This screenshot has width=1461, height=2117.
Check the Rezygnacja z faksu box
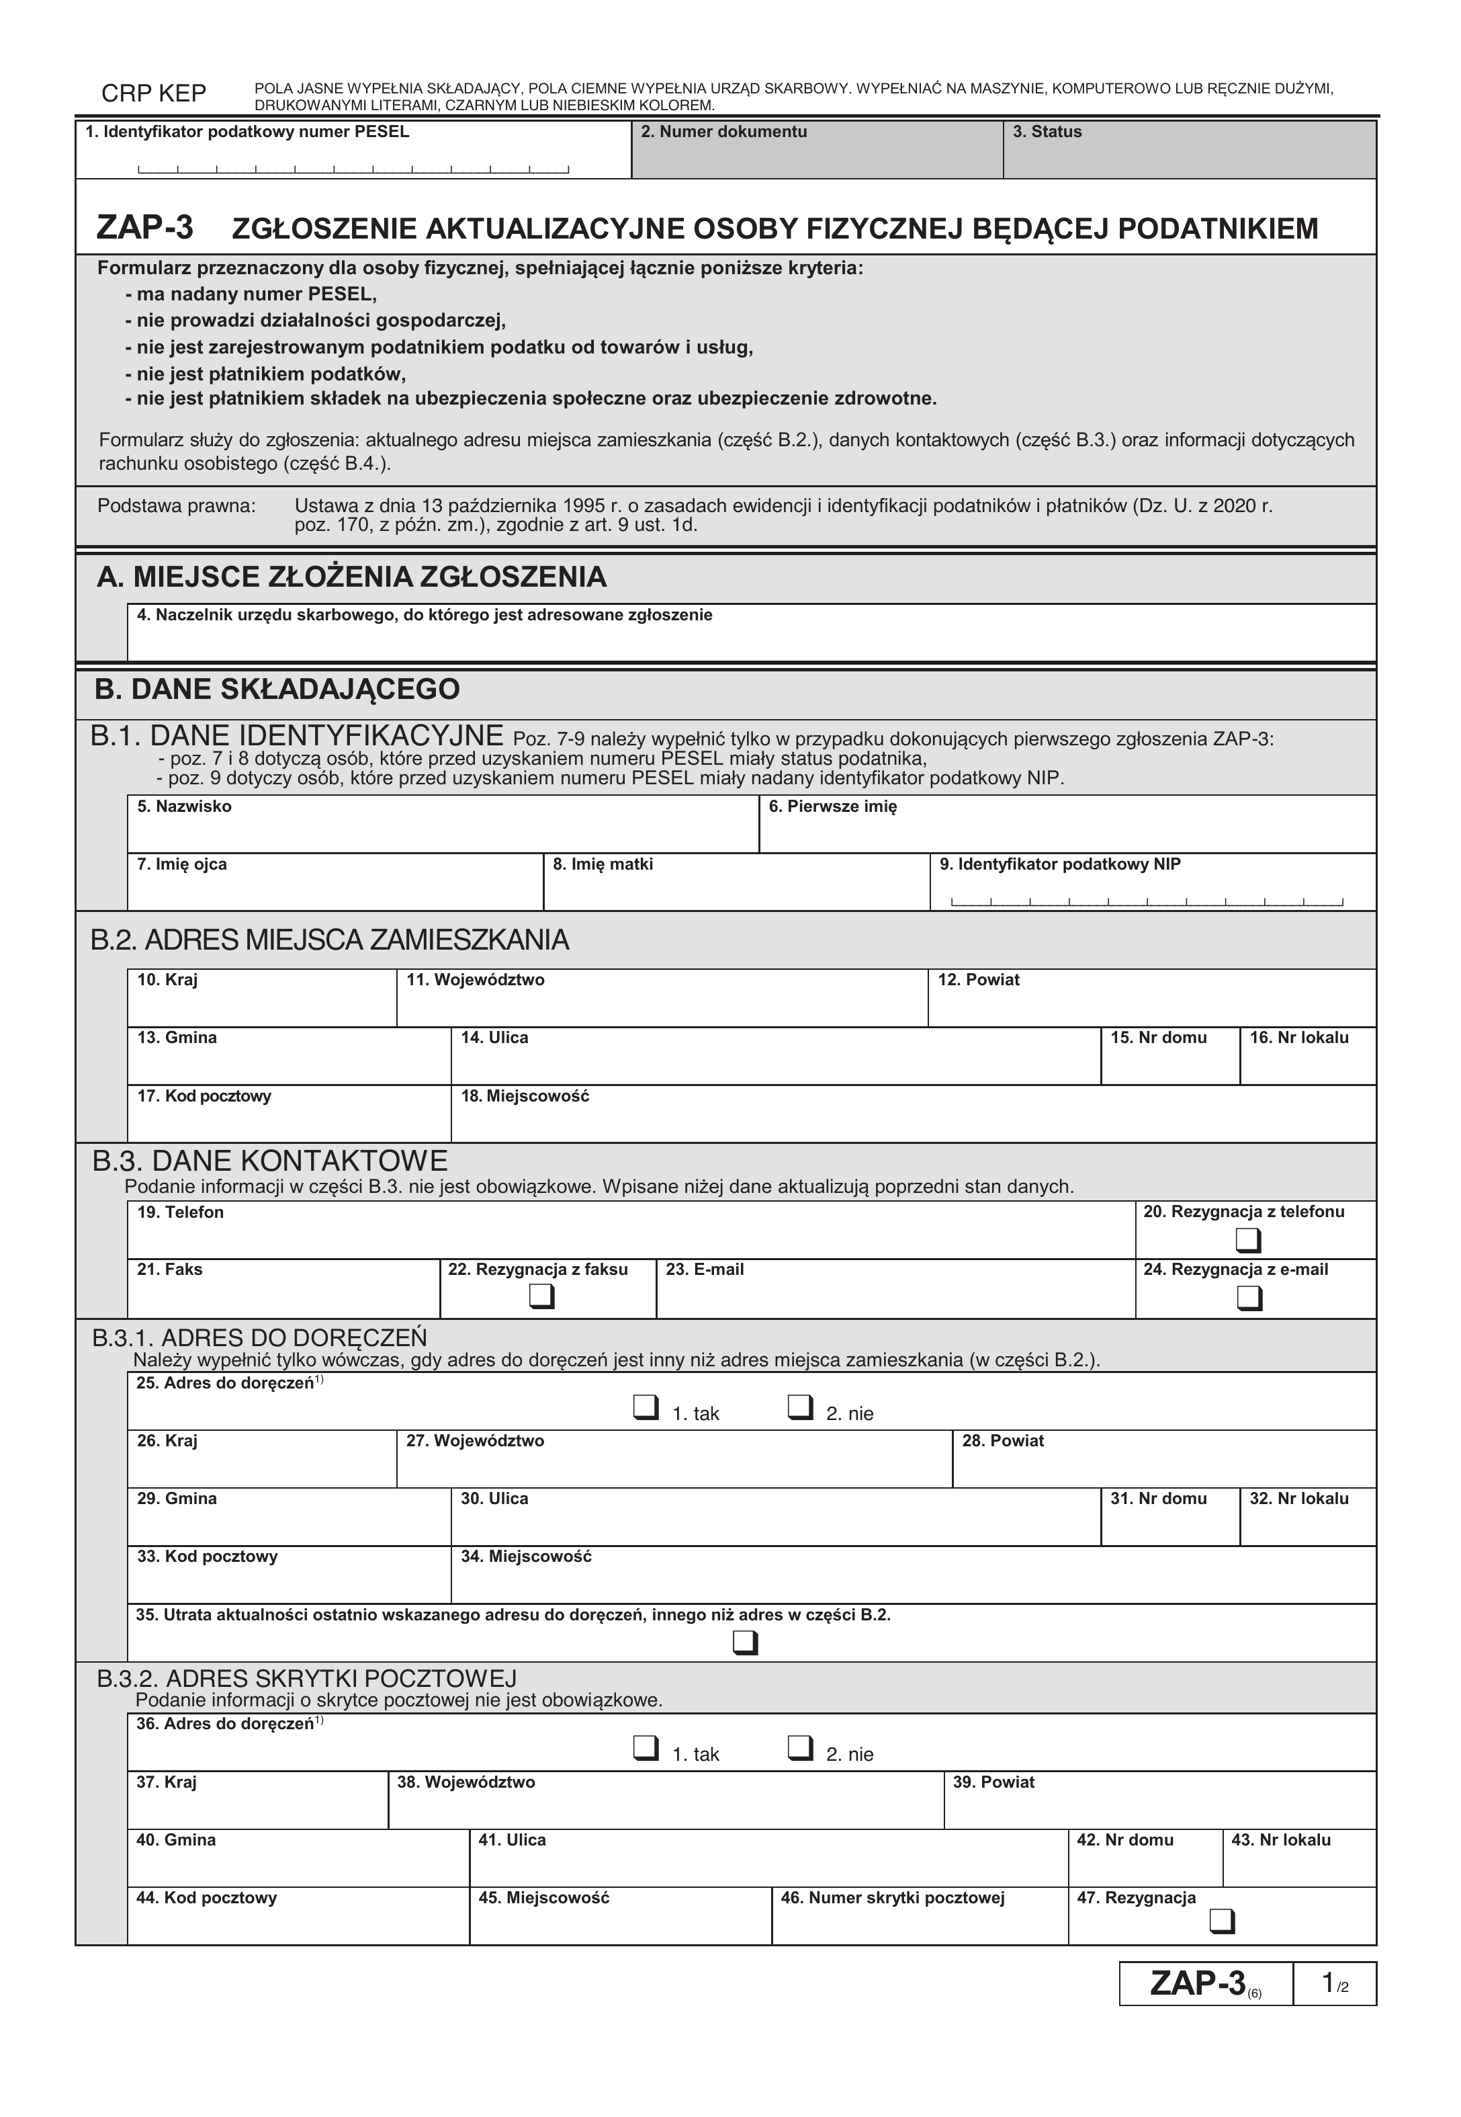click(x=542, y=1298)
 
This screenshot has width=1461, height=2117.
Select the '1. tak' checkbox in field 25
click(x=646, y=1407)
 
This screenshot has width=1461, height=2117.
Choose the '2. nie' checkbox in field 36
click(x=800, y=1748)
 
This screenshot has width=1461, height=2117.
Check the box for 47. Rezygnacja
click(x=1221, y=1920)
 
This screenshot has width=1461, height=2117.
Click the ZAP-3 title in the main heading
click(x=144, y=227)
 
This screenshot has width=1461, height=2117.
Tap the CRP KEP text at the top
click(x=154, y=93)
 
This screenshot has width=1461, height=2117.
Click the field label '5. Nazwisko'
click(x=184, y=806)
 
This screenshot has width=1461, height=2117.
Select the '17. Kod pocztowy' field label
click(x=204, y=1096)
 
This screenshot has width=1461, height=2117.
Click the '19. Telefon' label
click(x=180, y=1212)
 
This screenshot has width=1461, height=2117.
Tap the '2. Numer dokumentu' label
click(x=723, y=132)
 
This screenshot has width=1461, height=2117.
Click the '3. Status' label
click(x=1047, y=132)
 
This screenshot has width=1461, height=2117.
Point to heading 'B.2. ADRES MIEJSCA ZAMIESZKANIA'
click(x=330, y=940)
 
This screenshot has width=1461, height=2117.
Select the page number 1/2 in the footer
click(x=1334, y=1984)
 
